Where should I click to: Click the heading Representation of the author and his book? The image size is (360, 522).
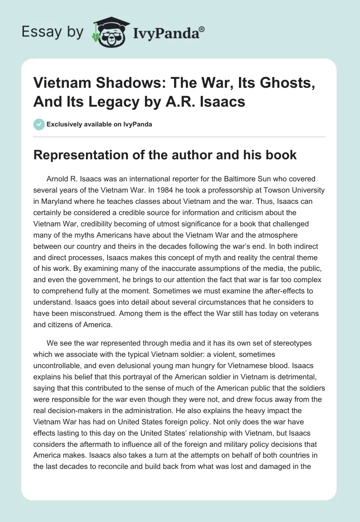pyautogui.click(x=165, y=155)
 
